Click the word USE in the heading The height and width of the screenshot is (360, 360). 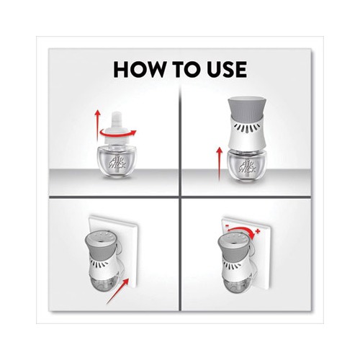[223, 69]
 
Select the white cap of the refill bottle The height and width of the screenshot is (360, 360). [116, 127]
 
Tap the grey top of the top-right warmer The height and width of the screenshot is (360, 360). [246, 107]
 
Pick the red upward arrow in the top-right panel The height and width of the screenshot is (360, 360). [219, 163]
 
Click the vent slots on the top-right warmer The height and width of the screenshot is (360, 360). [247, 127]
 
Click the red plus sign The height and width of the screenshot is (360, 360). [258, 231]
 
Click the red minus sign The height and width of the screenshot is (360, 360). [227, 226]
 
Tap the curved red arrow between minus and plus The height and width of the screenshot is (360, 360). [242, 231]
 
